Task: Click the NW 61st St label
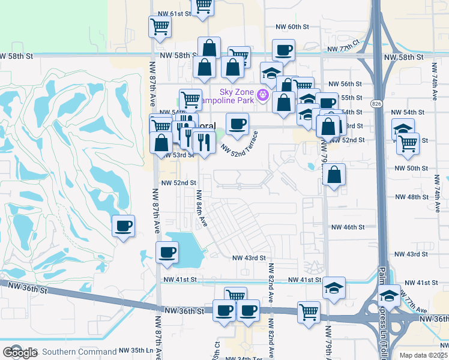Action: click(x=173, y=13)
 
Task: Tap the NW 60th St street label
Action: click(x=292, y=27)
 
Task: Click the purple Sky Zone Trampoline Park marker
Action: click(x=262, y=95)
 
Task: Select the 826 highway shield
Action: click(x=376, y=104)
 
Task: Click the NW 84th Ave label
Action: click(x=201, y=208)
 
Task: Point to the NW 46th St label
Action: click(x=348, y=227)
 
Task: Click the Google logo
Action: click(x=20, y=353)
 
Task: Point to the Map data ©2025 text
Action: click(x=423, y=355)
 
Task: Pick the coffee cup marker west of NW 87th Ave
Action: click(x=124, y=226)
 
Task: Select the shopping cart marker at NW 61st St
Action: click(x=203, y=5)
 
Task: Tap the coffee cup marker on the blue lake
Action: click(x=167, y=253)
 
